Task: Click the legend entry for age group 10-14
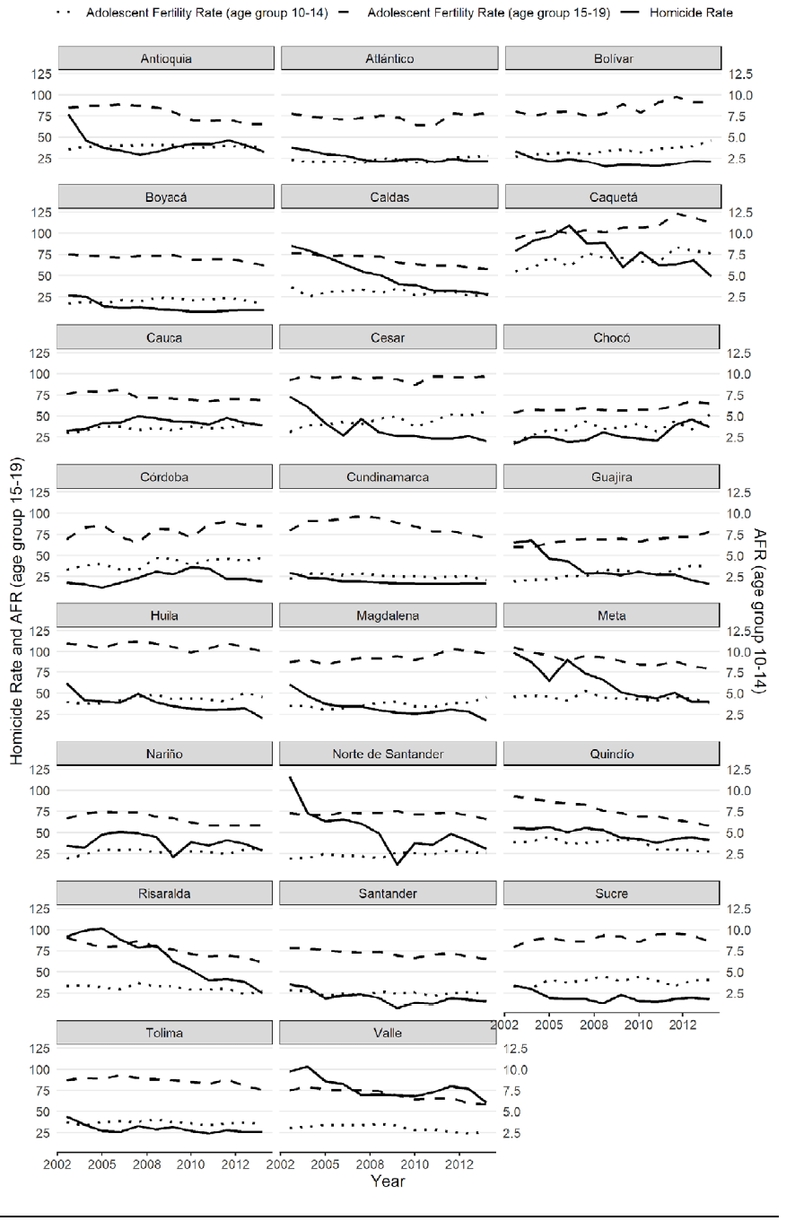click(x=206, y=13)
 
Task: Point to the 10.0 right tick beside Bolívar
click(x=741, y=95)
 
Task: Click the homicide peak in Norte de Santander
click(x=293, y=778)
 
